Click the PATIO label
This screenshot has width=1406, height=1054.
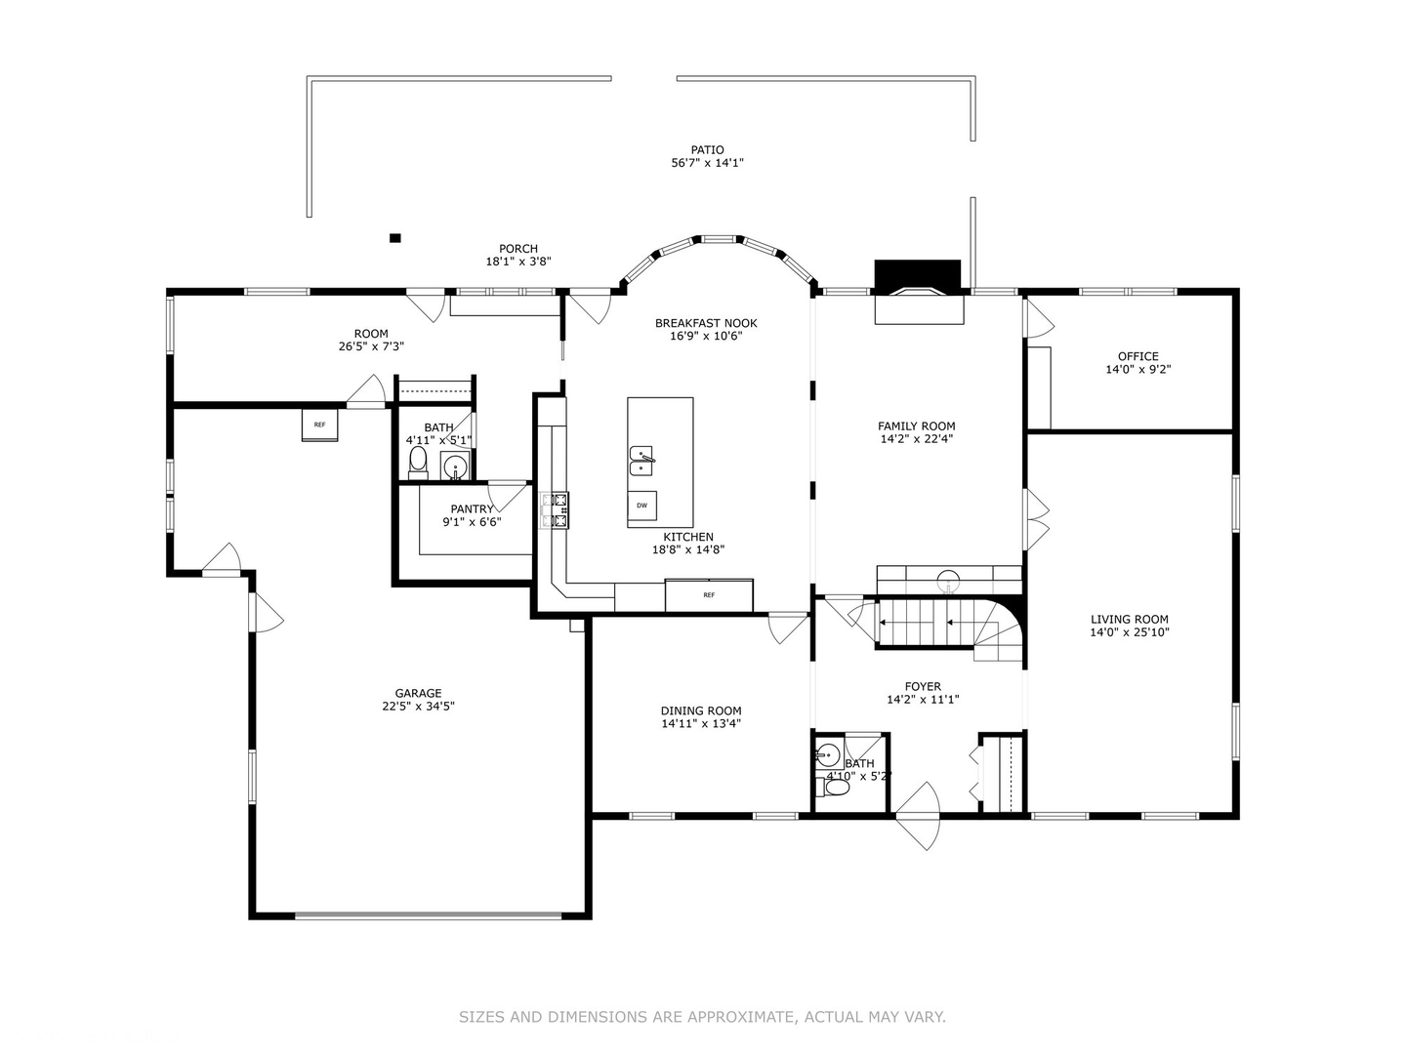click(x=707, y=150)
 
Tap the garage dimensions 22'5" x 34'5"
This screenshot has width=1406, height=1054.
click(x=418, y=707)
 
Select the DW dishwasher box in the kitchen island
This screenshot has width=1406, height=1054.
click(x=641, y=506)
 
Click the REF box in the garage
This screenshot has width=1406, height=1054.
click(x=319, y=425)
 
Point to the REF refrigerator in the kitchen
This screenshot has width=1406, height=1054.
click(x=709, y=595)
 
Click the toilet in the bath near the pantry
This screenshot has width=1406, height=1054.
click(x=418, y=461)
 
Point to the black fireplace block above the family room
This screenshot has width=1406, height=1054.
click(x=917, y=273)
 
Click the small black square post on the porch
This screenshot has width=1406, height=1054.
click(x=394, y=237)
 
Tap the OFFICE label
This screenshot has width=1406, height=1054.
click(x=1137, y=356)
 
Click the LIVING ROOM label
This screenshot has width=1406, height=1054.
click(x=1129, y=619)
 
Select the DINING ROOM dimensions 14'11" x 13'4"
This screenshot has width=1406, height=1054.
click(x=700, y=724)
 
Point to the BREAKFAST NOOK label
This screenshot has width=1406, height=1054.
click(x=705, y=323)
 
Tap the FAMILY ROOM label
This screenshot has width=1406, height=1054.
click(x=916, y=426)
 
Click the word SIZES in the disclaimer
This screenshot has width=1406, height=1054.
click(x=481, y=1017)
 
